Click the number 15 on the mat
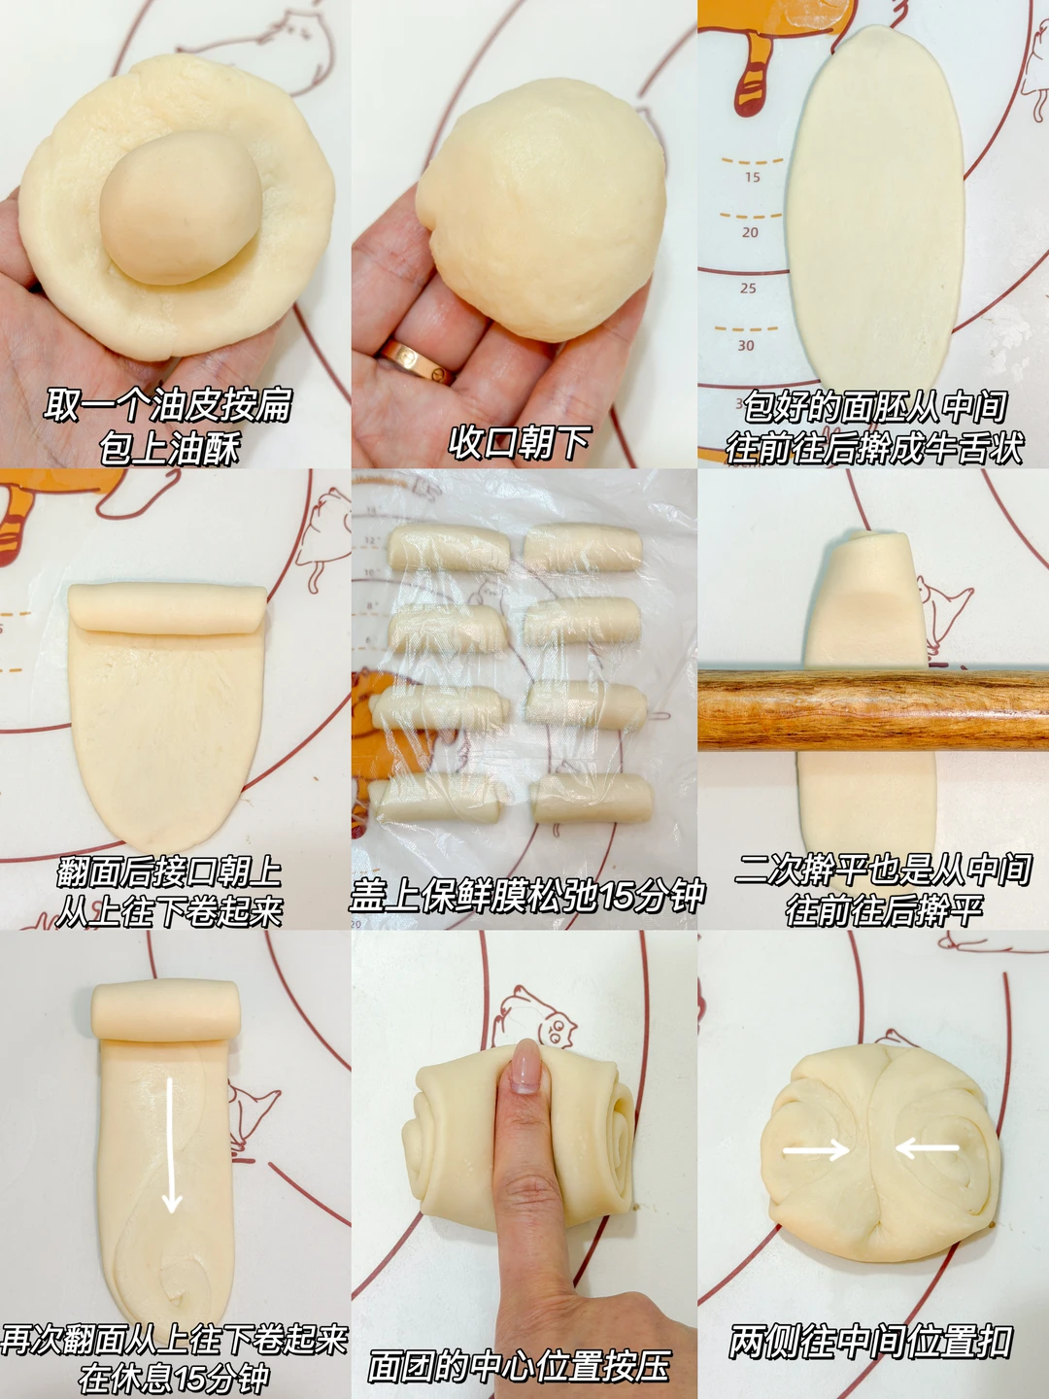point(752,177)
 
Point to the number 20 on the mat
point(750,232)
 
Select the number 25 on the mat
point(748,289)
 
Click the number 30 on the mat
point(746,345)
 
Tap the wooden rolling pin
point(873,708)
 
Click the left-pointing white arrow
point(927,1148)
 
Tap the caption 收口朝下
point(519,442)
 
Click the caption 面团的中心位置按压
point(519,1365)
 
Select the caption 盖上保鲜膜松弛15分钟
point(527,894)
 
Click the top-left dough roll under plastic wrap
point(449,547)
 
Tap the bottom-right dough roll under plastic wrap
point(592,798)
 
